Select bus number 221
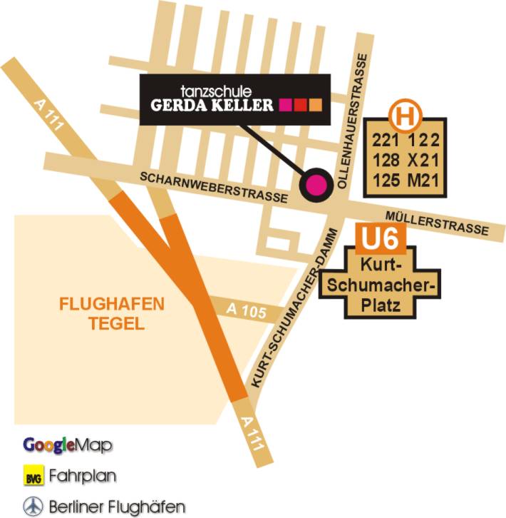tap(385, 142)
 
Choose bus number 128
tap(385, 161)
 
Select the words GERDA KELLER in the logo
tap(212, 106)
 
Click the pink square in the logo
tap(286, 106)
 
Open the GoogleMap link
tap(68, 445)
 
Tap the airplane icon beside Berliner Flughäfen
tap(32, 506)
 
